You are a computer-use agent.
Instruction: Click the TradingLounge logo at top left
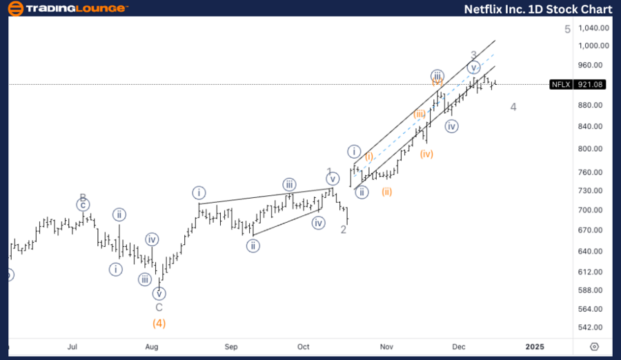[x=66, y=9]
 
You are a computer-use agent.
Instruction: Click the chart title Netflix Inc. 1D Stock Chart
[x=536, y=9]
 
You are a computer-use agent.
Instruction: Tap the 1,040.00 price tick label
[x=594, y=28]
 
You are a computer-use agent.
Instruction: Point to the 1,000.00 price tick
[x=594, y=46]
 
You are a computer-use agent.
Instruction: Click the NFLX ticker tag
[x=560, y=85]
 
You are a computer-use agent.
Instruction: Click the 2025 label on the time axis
[x=535, y=346]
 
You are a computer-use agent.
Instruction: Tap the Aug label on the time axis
[x=152, y=346]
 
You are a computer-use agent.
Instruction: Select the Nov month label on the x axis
[x=386, y=346]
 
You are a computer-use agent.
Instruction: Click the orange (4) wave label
[x=159, y=323]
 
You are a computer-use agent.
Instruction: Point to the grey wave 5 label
[x=567, y=29]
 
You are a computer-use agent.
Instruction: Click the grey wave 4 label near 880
[x=513, y=107]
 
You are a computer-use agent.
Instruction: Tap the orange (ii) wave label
[x=387, y=192]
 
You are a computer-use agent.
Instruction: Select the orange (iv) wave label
[x=427, y=154]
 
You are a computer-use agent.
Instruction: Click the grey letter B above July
[x=82, y=197]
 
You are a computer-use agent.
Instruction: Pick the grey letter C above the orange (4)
[x=159, y=308]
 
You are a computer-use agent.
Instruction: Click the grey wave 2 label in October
[x=343, y=230]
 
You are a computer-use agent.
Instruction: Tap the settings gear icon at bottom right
[x=594, y=346]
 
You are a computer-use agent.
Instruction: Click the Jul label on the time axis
[x=72, y=346]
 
